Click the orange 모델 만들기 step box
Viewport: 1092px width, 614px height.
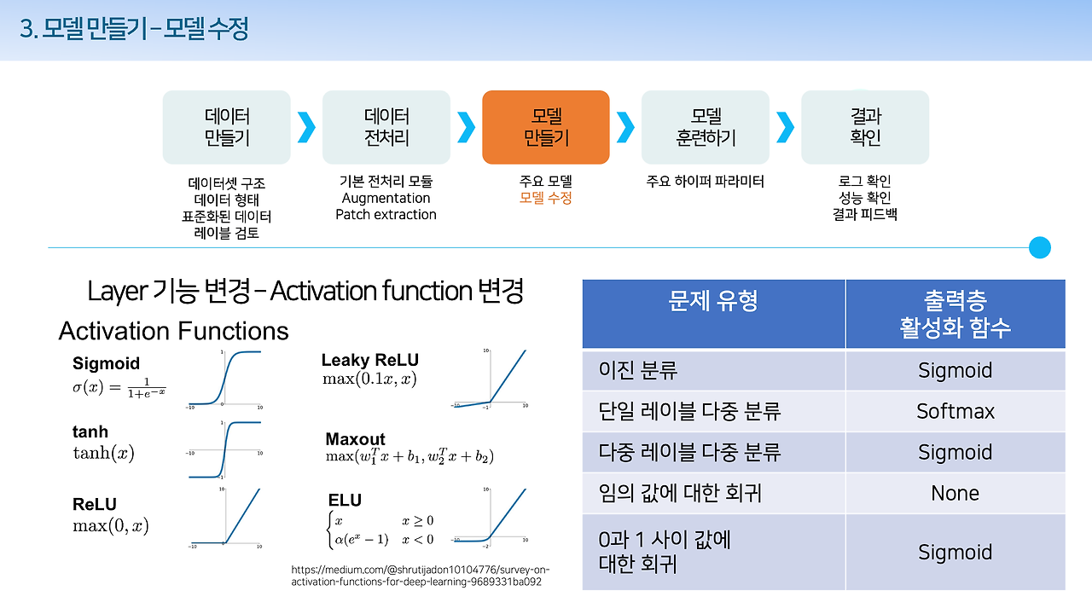(x=545, y=127)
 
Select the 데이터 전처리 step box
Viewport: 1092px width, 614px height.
(x=386, y=127)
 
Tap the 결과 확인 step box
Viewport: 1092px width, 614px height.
(x=864, y=127)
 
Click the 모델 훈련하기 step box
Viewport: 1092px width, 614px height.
(x=705, y=127)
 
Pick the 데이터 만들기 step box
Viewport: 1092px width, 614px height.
(x=226, y=127)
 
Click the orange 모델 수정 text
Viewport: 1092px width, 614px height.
(x=545, y=198)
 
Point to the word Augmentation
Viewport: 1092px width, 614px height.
(x=386, y=198)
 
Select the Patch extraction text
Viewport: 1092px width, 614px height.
(x=386, y=215)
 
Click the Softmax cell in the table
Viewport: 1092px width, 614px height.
(x=955, y=411)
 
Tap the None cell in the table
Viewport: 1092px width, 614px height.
(x=955, y=493)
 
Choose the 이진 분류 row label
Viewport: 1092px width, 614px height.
(x=639, y=371)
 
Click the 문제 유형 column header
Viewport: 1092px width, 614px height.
(x=713, y=301)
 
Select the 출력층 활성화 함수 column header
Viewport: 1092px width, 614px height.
(x=955, y=314)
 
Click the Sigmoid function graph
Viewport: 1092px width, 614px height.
(x=224, y=377)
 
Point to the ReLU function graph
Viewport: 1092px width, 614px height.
(x=224, y=516)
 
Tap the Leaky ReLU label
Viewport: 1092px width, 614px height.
(x=369, y=360)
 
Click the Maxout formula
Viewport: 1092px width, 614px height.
(x=409, y=456)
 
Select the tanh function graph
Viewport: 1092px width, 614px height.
(x=224, y=449)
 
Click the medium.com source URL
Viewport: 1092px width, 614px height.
(x=421, y=576)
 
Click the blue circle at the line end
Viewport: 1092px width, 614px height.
(x=1039, y=248)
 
